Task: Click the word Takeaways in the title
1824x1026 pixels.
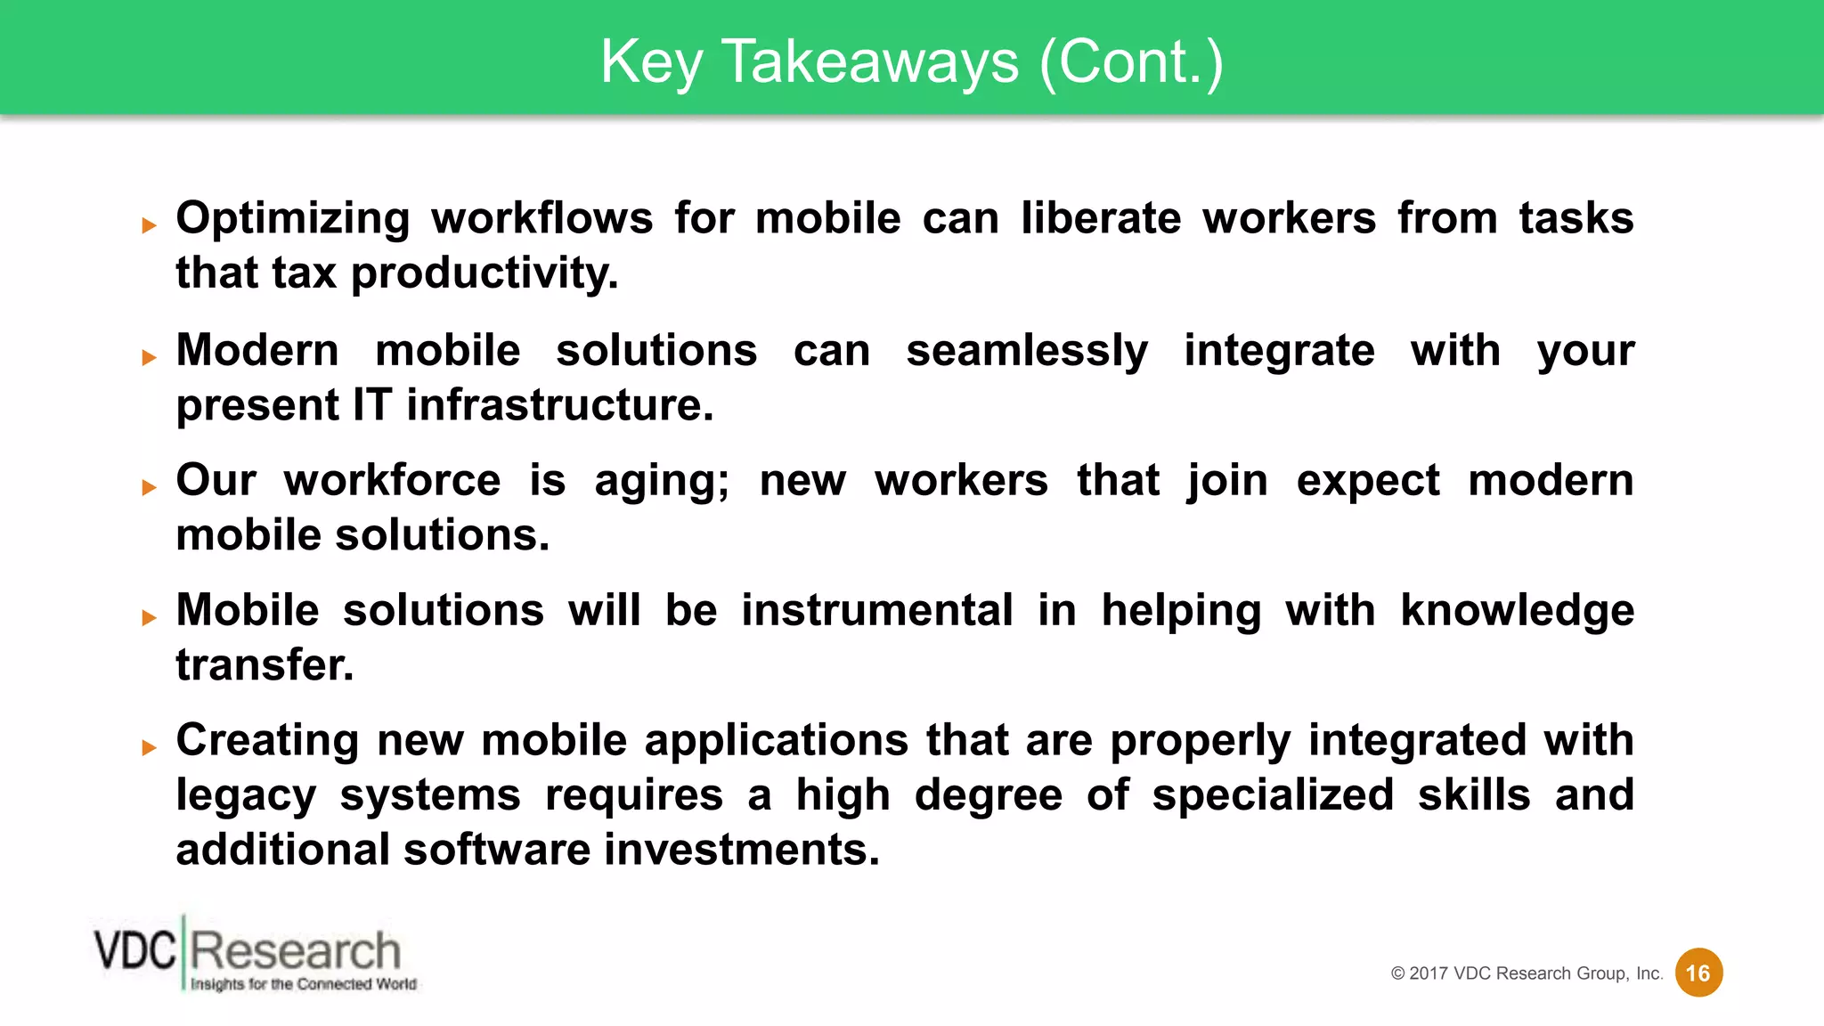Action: point(869,61)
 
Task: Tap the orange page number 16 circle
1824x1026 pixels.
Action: point(1698,973)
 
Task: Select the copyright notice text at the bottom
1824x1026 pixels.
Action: point(1527,973)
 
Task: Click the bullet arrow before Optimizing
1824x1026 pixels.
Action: point(149,226)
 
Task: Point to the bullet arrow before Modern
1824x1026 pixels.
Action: point(149,358)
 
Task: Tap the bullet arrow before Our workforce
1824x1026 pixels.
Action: point(149,487)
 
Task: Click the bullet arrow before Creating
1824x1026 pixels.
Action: point(149,747)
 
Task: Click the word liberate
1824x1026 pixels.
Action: point(1101,218)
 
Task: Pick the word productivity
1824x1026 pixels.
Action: point(484,274)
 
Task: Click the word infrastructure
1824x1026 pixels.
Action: point(560,405)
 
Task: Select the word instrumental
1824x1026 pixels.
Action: point(877,611)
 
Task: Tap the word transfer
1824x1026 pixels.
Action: point(265,665)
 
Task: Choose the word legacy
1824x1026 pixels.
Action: point(246,796)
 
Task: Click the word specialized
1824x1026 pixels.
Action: point(1273,796)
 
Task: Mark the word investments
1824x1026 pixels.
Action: point(742,850)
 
